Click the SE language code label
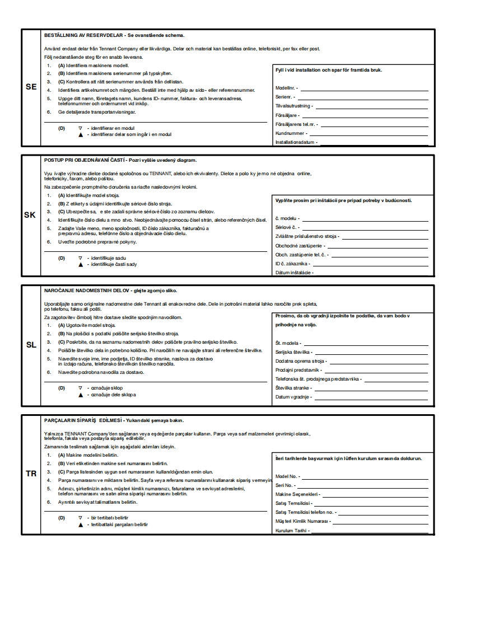click(31, 87)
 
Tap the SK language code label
click(31, 214)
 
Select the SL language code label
click(31, 345)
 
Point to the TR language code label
click(31, 474)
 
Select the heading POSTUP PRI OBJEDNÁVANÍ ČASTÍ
click(85, 160)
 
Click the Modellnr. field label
click(287, 88)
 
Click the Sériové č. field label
click(287, 227)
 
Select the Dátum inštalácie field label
click(294, 273)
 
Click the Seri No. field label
click(285, 485)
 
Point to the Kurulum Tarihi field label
click(292, 530)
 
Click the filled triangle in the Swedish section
click(81, 135)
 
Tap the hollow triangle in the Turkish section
click(81, 518)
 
